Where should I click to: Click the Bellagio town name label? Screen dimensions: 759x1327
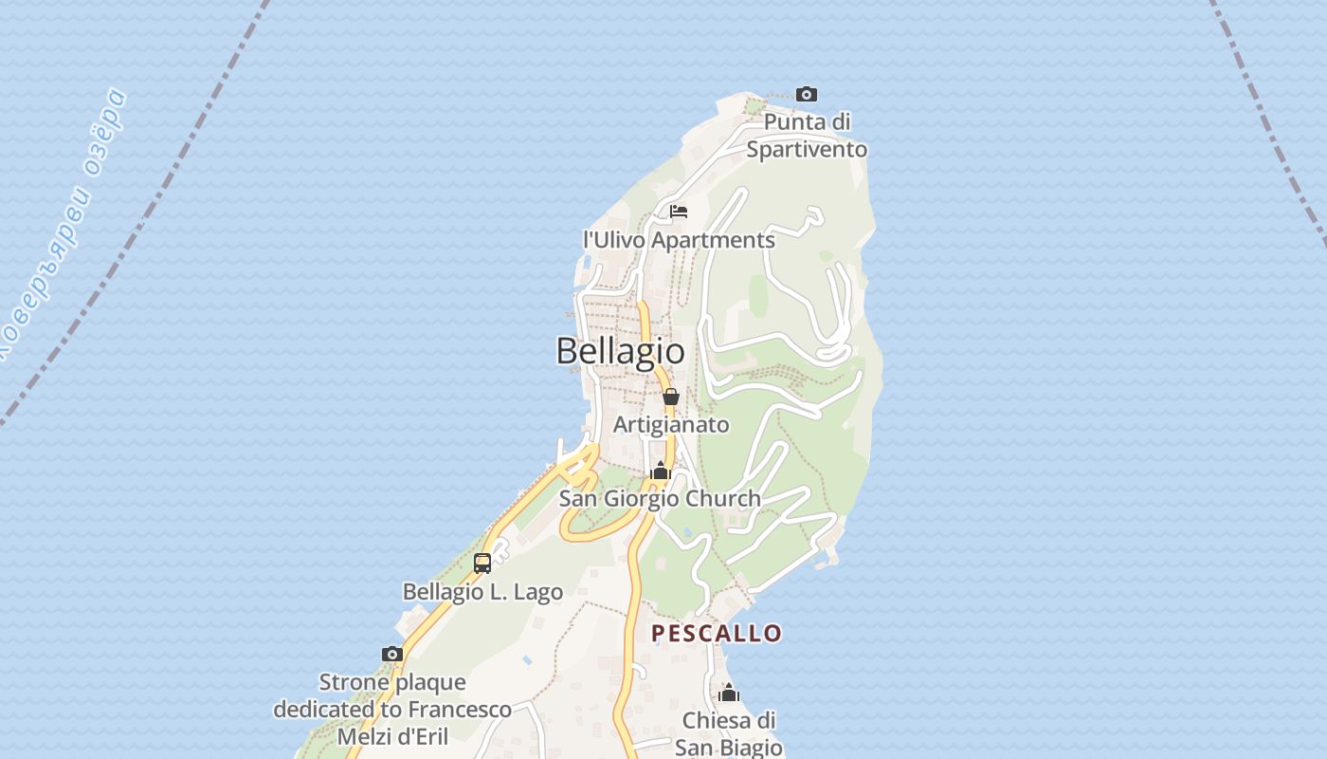click(x=620, y=351)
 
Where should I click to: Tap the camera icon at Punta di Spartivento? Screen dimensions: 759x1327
click(x=807, y=94)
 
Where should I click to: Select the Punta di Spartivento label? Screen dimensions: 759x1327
click(x=807, y=136)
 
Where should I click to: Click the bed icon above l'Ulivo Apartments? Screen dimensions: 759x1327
click(x=678, y=212)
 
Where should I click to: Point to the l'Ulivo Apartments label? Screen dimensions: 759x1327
click(x=679, y=240)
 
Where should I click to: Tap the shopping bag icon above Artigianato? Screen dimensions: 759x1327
click(x=671, y=397)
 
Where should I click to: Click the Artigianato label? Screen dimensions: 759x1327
click(x=671, y=424)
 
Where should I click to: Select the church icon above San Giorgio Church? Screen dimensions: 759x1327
click(x=661, y=471)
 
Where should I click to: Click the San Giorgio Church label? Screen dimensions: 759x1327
click(x=660, y=498)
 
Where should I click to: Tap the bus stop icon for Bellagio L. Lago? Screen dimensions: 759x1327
click(x=482, y=564)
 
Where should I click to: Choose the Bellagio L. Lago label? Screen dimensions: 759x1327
click(x=482, y=591)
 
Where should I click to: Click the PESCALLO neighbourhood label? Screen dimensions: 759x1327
click(x=717, y=633)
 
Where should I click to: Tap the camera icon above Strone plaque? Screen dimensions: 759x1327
click(x=392, y=654)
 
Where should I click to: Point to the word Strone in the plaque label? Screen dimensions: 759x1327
click(x=354, y=682)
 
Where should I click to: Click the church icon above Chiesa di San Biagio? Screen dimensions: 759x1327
click(x=729, y=693)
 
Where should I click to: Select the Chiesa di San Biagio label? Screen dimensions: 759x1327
click(x=729, y=733)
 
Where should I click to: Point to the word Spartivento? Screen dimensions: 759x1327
click(x=807, y=149)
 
